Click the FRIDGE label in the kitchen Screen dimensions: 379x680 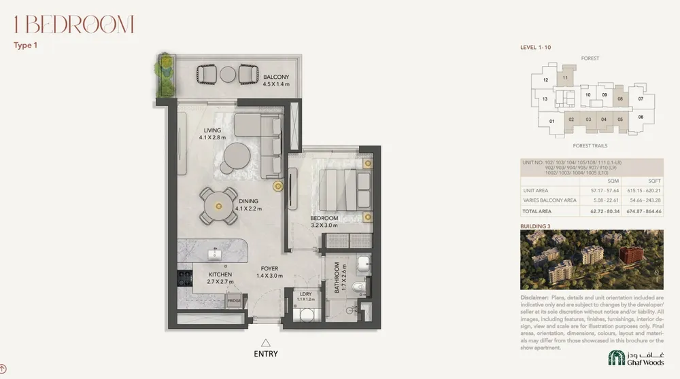(234, 300)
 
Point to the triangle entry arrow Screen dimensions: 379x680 (266, 343)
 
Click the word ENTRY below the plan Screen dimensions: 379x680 (266, 354)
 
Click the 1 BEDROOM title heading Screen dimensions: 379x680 (73, 25)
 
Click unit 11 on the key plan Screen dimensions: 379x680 (564, 79)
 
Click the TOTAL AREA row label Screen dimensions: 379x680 (541, 211)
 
